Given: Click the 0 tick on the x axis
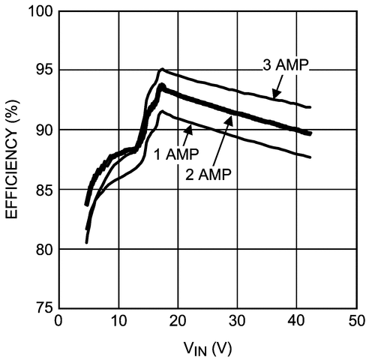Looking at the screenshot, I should pyautogui.click(x=59, y=320).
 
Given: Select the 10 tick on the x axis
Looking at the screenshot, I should pyautogui.click(x=118, y=320).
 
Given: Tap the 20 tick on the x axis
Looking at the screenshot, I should pyautogui.click(x=178, y=320).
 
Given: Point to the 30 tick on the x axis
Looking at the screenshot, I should pyautogui.click(x=237, y=320).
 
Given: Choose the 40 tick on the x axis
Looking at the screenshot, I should pyautogui.click(x=296, y=320).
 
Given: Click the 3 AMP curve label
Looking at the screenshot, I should pyautogui.click(x=285, y=66).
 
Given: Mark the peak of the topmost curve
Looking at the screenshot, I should pyautogui.click(x=161, y=69).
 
